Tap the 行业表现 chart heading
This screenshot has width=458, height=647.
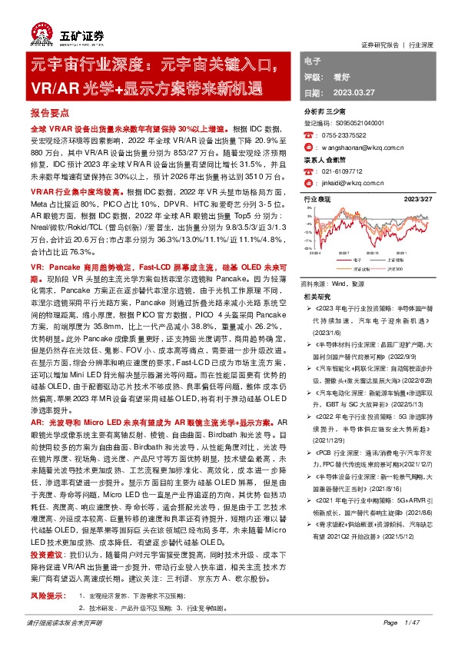tap(317, 199)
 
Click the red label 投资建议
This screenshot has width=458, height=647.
tap(45, 552)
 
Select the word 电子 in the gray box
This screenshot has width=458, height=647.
tap(314, 60)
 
